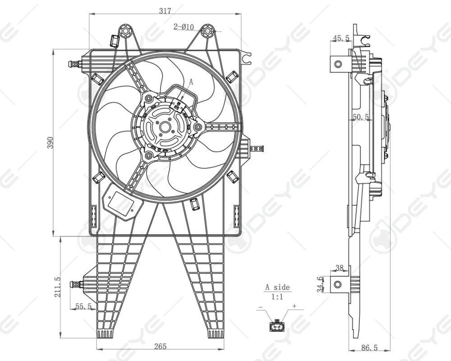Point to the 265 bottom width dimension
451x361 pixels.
pos(160,346)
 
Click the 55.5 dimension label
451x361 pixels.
pos(83,306)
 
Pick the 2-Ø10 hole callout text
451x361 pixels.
pos(184,27)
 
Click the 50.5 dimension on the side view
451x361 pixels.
pos(361,116)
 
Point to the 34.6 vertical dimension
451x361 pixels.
pos(320,284)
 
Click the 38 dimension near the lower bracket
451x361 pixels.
pos(340,268)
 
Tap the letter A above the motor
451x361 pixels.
pos(191,82)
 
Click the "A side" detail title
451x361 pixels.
pos(277,287)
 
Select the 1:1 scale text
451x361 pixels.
pos(277,297)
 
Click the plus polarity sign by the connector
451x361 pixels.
pos(295,306)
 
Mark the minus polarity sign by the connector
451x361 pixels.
pos(260,307)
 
